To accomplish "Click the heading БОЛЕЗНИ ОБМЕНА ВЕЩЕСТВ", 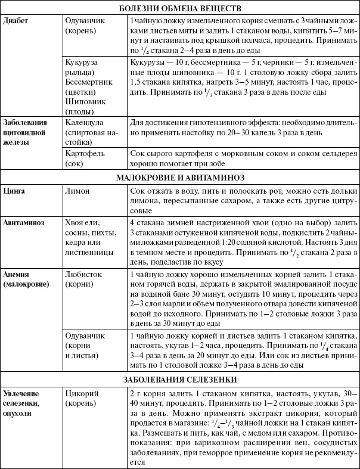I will pyautogui.click(x=180, y=8).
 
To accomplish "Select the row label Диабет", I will pyautogui.click(x=15, y=21).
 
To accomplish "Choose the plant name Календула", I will pyautogui.click(x=86, y=123).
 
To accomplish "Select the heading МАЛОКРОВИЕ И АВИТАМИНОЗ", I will pyautogui.click(x=180, y=177).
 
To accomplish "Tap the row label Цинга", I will pyautogui.click(x=14, y=191).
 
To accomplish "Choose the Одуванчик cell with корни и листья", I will pyautogui.click(x=86, y=347).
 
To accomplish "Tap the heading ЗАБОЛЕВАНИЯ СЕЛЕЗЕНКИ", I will pyautogui.click(x=180, y=380).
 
